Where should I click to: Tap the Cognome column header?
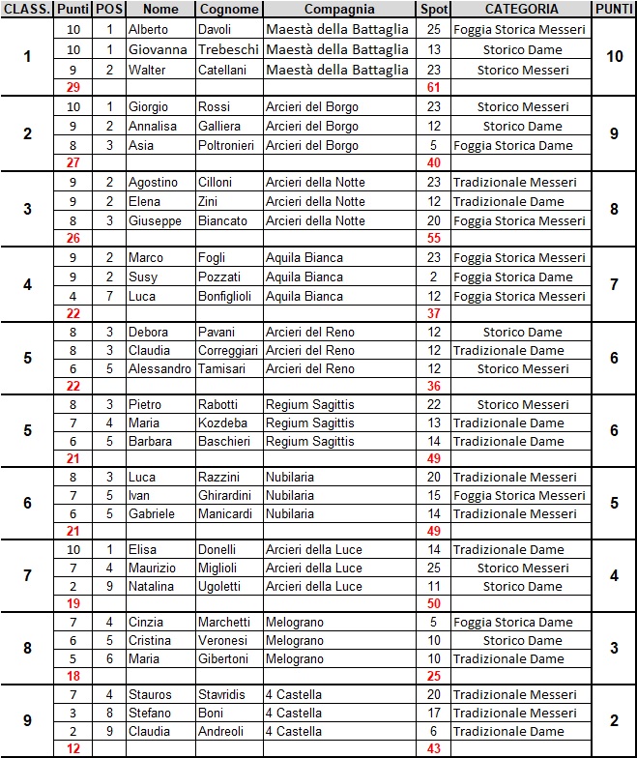(229, 9)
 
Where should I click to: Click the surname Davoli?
(217, 30)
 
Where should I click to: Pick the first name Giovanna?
(158, 49)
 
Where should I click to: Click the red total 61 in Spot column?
(433, 88)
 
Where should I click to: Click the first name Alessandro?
(159, 368)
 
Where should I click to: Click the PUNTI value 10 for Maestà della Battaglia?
(614, 57)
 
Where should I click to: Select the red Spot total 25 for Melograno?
(433, 677)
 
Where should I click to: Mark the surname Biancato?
(222, 220)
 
